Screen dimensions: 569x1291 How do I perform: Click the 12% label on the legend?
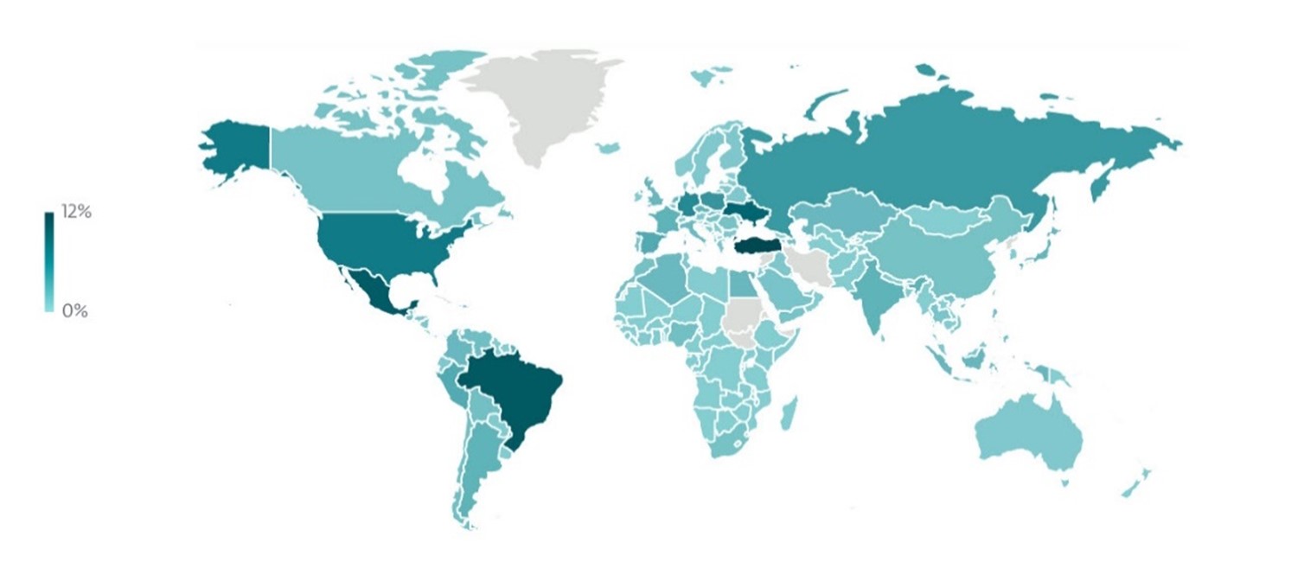point(76,213)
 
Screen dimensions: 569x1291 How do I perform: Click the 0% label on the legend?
point(74,310)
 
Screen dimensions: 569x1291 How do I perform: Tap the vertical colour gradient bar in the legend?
point(48,261)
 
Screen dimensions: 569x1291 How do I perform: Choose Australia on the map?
point(1029,432)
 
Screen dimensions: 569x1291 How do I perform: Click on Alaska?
point(238,147)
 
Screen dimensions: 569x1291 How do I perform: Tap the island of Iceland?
point(610,148)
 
